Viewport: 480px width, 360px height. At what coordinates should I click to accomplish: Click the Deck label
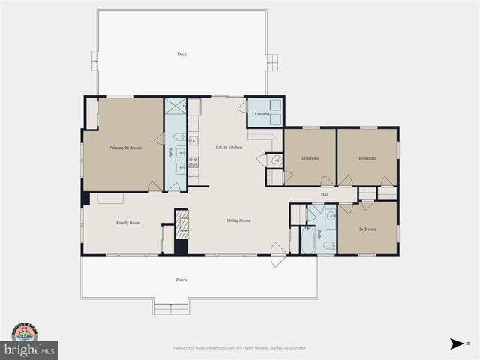[181, 54]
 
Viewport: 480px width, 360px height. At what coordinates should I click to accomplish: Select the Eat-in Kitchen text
[229, 147]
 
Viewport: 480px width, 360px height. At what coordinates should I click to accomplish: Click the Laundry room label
[262, 114]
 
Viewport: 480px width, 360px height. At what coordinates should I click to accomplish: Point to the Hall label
[325, 195]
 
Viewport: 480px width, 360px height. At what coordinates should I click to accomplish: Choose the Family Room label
[127, 223]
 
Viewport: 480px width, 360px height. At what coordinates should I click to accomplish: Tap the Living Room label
[238, 220]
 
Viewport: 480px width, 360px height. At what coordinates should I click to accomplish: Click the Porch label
[181, 280]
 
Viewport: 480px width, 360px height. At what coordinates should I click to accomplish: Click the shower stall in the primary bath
[175, 106]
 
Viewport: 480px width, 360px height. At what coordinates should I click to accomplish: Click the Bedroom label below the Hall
[366, 229]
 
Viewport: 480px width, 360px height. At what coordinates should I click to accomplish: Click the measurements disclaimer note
[239, 348]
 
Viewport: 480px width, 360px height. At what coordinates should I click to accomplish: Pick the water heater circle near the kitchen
[275, 160]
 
